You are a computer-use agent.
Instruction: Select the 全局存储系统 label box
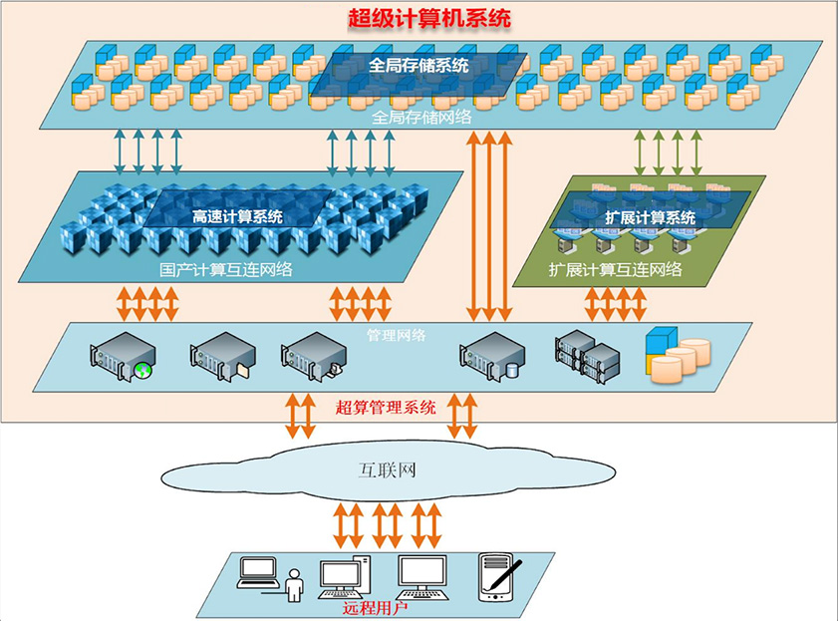click(419, 66)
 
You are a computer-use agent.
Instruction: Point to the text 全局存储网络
click(421, 116)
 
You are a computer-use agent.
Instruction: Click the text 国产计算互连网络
click(226, 268)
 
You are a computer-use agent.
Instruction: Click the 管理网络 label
click(397, 335)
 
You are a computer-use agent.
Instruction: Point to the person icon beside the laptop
click(294, 586)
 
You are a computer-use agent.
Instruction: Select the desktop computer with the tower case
click(345, 577)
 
